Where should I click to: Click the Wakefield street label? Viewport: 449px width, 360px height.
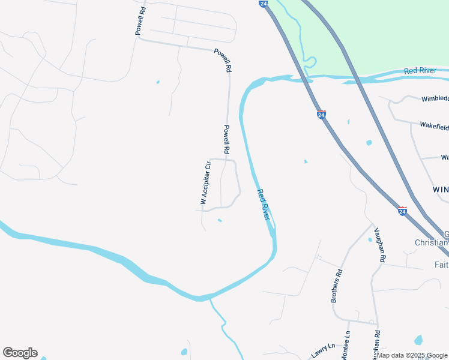pyautogui.click(x=434, y=127)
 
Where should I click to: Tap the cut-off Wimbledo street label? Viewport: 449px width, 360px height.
pyautogui.click(x=435, y=98)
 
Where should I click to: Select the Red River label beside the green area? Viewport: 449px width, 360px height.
pyautogui.click(x=420, y=71)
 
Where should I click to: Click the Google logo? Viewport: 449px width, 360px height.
pyautogui.click(x=20, y=352)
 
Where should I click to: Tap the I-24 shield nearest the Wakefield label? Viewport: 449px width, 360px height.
pyautogui.click(x=322, y=113)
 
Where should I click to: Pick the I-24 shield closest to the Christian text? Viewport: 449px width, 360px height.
pyautogui.click(x=402, y=211)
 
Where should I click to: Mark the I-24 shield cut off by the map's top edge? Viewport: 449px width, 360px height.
pyautogui.click(x=264, y=3)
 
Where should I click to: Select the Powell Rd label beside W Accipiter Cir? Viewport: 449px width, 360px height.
pyautogui.click(x=227, y=139)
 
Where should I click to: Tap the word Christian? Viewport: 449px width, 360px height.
pyautogui.click(x=432, y=242)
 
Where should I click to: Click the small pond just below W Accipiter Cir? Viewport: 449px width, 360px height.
pyautogui.click(x=220, y=220)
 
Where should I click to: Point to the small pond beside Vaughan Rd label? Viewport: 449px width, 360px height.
pyautogui.click(x=370, y=239)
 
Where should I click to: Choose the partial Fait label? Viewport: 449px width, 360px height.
pyautogui.click(x=441, y=264)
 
